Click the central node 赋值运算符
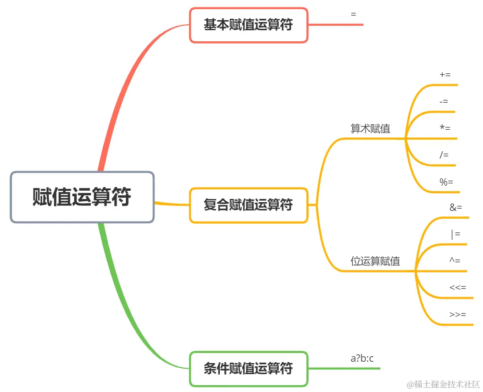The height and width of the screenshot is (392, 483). coord(82,197)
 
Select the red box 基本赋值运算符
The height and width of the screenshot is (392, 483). coord(249,25)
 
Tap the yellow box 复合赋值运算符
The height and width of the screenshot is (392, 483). coord(249,205)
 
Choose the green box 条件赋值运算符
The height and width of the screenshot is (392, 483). coord(249,368)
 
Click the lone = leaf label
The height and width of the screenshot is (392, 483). coord(353,14)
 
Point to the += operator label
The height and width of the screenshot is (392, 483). coord(445,75)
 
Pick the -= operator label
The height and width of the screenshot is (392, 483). coord(444,101)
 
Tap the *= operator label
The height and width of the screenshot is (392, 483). coord(445,128)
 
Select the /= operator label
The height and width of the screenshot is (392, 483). coord(444,155)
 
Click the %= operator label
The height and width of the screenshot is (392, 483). coord(446,182)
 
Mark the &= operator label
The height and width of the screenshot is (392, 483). coord(456,208)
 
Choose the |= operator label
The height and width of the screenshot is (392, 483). coord(455,234)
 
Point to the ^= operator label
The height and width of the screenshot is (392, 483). coord(455,260)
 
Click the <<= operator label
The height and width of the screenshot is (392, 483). coord(458,287)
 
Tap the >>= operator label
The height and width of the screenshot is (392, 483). coord(458,315)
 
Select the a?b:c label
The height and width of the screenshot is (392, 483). coord(362,359)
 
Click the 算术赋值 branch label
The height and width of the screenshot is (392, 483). coord(370,129)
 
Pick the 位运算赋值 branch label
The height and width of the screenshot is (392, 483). coord(375,261)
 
